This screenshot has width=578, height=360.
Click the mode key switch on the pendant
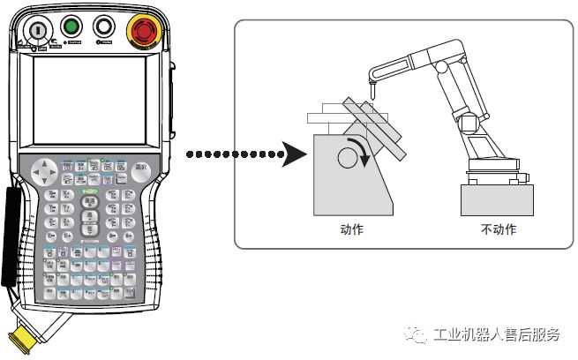click(38, 30)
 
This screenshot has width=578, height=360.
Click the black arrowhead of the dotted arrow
click(292, 155)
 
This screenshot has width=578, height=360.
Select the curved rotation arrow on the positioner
click(356, 147)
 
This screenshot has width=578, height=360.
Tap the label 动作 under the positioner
click(351, 229)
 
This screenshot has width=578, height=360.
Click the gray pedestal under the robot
click(496, 199)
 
